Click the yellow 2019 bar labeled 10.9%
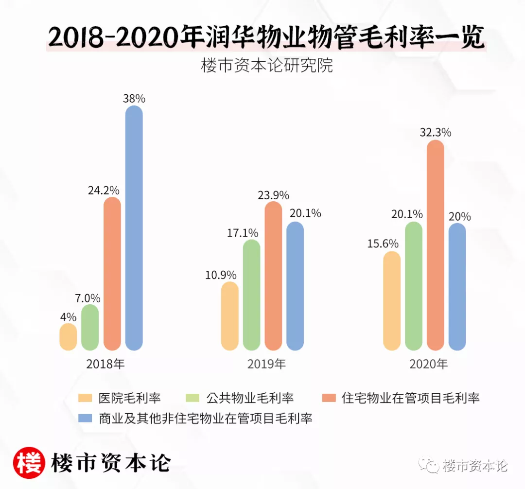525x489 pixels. (229, 315)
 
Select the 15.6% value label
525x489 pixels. (383, 243)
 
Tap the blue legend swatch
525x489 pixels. (85, 418)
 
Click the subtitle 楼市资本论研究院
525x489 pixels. (267, 66)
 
